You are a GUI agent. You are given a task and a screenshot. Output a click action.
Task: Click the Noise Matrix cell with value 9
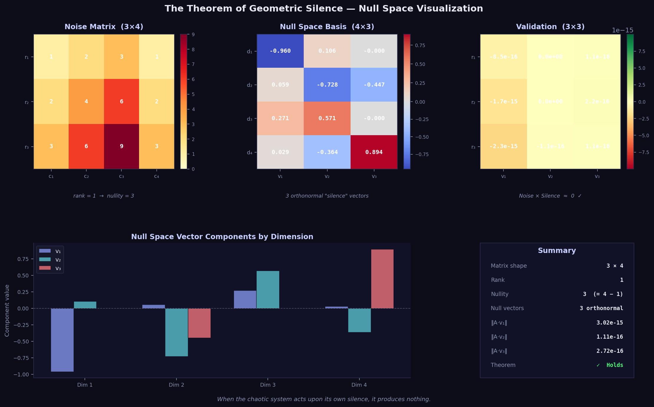(121, 146)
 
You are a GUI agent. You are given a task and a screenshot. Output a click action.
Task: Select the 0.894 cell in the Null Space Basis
(374, 152)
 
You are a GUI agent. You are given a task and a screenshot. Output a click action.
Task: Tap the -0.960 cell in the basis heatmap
(280, 51)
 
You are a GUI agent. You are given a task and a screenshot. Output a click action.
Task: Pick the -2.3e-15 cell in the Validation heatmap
(503, 146)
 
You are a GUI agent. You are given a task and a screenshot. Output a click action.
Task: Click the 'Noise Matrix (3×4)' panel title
(104, 27)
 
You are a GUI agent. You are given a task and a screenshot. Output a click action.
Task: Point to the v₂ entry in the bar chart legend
(58, 260)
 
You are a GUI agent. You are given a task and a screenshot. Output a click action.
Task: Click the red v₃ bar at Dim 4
(382, 279)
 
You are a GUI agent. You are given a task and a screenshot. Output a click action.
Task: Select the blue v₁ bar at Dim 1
(62, 340)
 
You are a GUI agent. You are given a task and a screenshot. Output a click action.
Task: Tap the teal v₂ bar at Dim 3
(268, 289)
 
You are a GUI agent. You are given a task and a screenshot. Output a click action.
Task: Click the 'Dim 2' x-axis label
(176, 385)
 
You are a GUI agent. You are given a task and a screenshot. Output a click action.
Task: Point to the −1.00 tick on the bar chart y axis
(21, 375)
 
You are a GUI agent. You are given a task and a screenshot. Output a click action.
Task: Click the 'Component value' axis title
(7, 310)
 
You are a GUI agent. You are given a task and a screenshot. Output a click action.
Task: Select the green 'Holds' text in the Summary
(615, 365)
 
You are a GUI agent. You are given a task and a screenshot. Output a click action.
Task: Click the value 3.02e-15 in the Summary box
(610, 323)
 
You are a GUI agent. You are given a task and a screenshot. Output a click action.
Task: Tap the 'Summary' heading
(557, 251)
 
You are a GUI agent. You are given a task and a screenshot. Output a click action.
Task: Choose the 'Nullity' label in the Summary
(500, 294)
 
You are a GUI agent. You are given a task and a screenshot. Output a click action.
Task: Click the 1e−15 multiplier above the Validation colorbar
(622, 30)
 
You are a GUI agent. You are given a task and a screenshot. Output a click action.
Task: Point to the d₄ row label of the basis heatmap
(250, 153)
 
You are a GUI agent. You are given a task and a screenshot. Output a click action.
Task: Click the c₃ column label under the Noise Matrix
(121, 176)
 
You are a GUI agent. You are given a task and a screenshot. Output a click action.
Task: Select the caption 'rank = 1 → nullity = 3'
(104, 196)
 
